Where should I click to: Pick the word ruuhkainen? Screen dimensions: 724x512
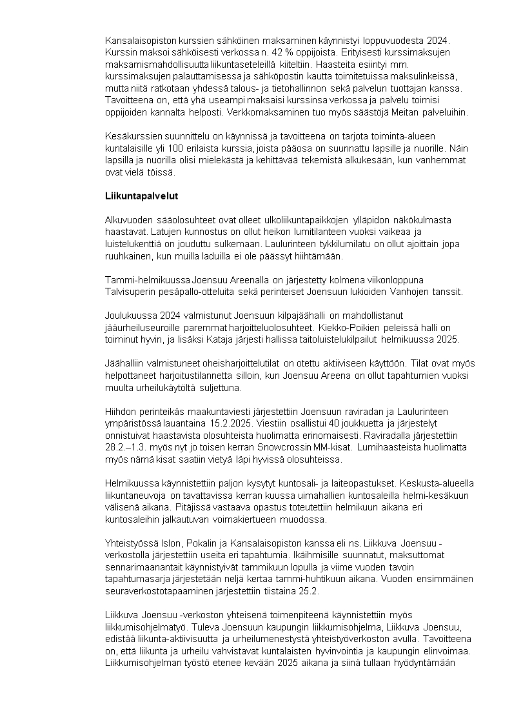click(x=129, y=256)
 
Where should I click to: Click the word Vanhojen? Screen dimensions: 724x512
click(x=382, y=291)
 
